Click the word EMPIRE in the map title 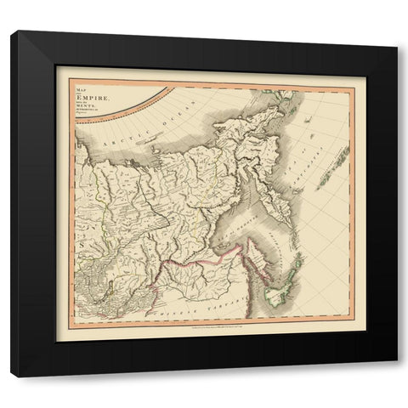tap(88, 100)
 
